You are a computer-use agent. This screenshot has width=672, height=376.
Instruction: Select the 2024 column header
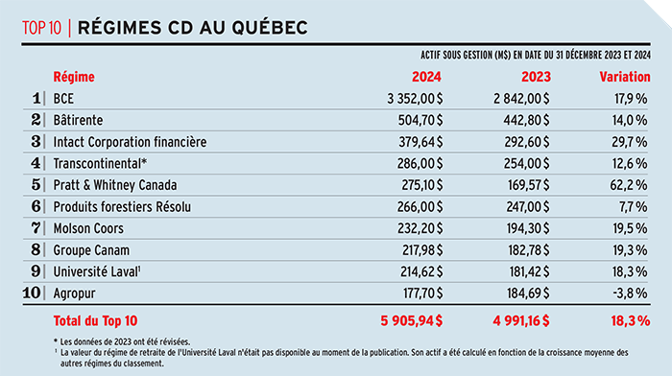pyautogui.click(x=426, y=75)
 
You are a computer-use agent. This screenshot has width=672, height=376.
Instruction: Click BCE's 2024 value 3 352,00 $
pyautogui.click(x=415, y=98)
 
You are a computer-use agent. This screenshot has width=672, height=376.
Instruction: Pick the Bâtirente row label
pyautogui.click(x=82, y=120)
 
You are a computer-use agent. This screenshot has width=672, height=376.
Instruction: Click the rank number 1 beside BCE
pyautogui.click(x=37, y=98)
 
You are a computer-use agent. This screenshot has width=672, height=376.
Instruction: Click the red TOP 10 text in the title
pyautogui.click(x=42, y=28)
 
